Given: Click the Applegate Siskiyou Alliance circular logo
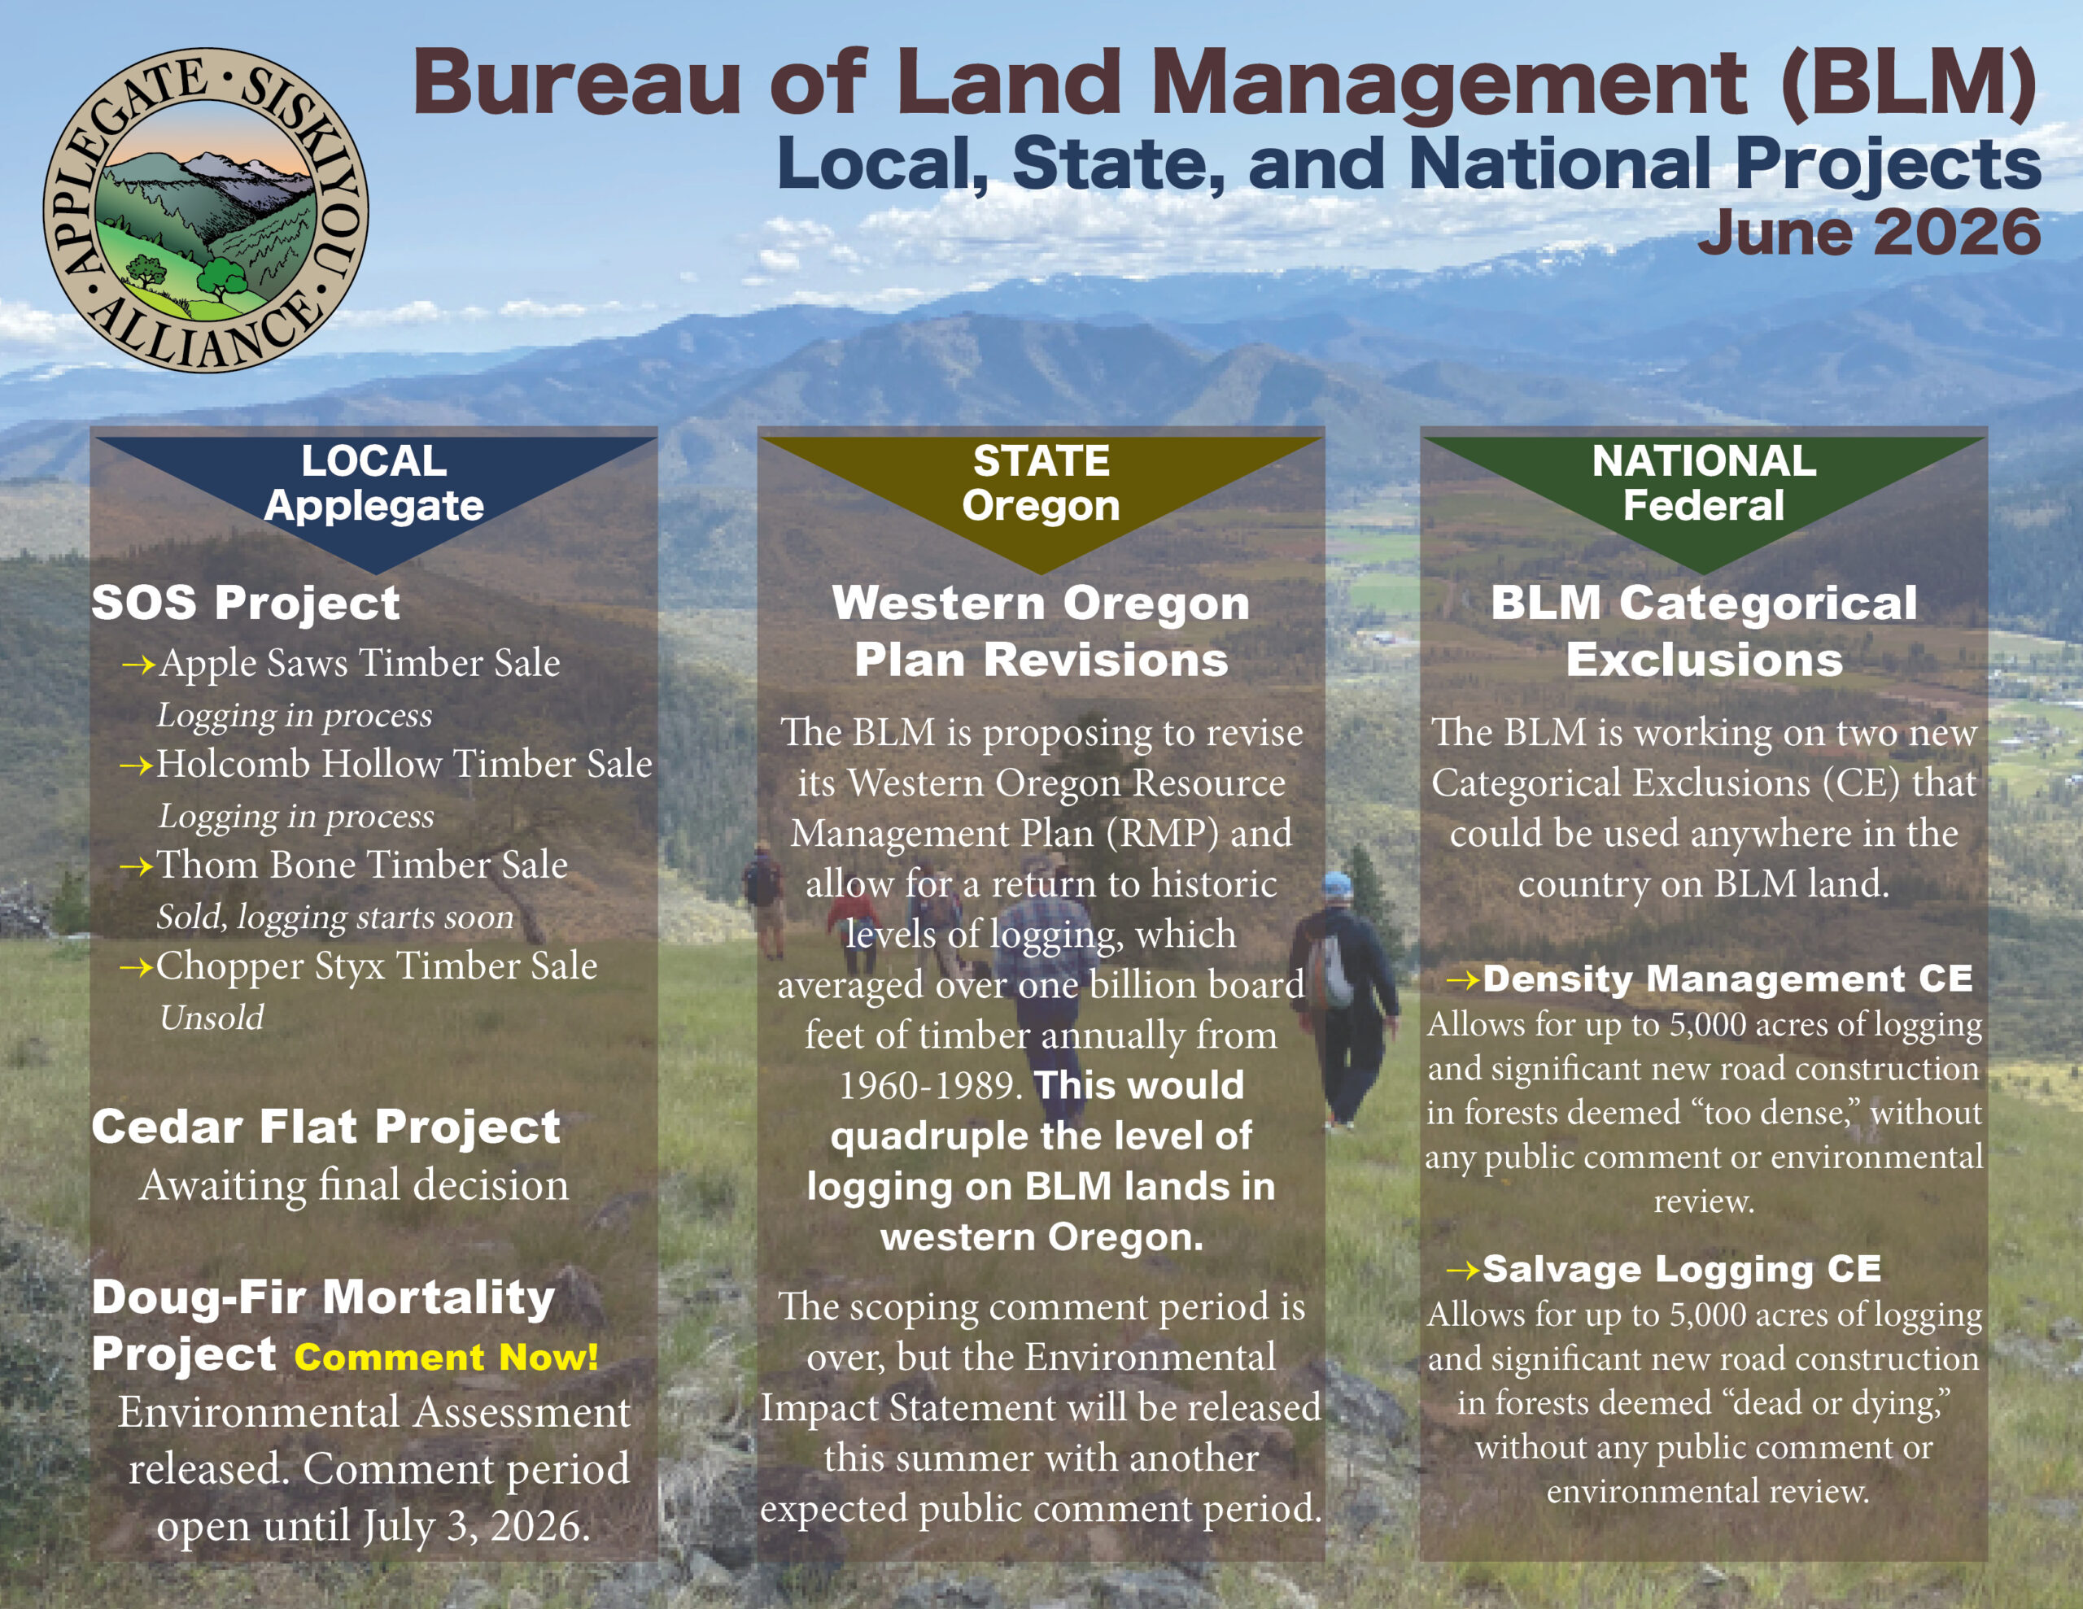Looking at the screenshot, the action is (x=206, y=210).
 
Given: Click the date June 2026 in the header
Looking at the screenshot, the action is (x=1868, y=232).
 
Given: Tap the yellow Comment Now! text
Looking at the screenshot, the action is (x=447, y=1356).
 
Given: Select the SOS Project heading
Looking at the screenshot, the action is (x=246, y=603).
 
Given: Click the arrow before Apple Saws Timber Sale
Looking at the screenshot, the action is (x=139, y=664).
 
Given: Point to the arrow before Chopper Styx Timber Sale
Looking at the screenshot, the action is (x=137, y=967).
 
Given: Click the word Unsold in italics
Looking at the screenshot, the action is (x=212, y=1018).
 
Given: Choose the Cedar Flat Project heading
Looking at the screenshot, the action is (x=325, y=1127).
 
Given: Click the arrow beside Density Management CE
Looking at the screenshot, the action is (x=1464, y=979).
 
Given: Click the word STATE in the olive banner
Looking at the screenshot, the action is (x=1041, y=461).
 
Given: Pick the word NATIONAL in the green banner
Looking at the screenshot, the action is (x=1705, y=461).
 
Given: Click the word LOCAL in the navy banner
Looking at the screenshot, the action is (x=373, y=461).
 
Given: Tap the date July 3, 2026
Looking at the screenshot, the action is (x=476, y=1526).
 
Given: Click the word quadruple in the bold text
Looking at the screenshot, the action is (x=924, y=1137).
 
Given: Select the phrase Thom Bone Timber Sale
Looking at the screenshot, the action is (x=362, y=864).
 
